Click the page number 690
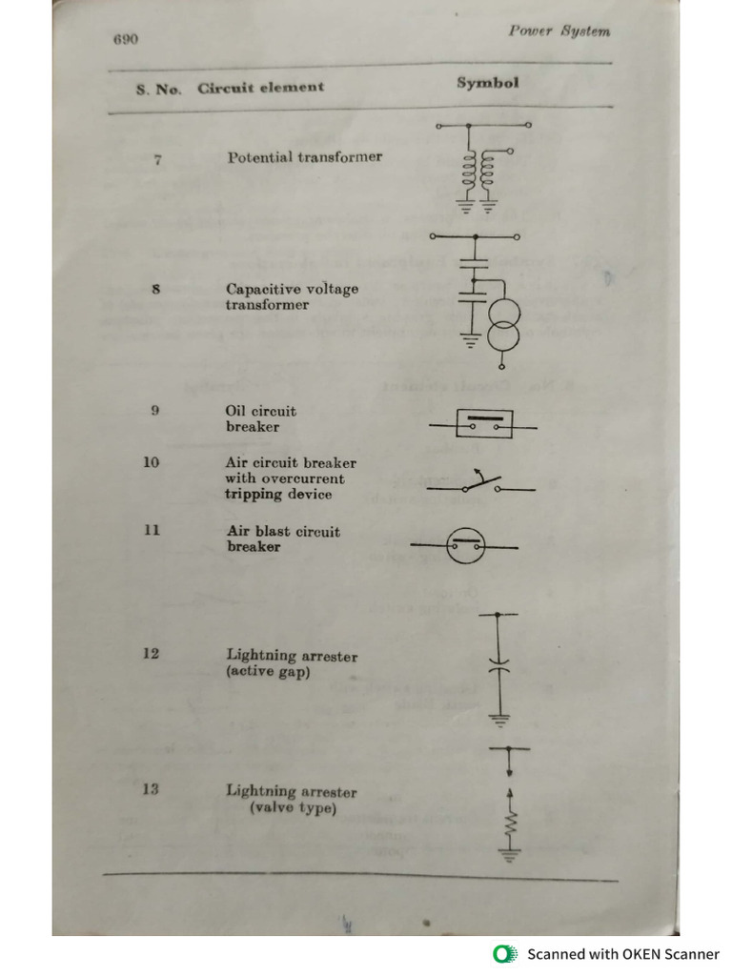click(125, 39)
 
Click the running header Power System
click(559, 30)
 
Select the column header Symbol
click(487, 82)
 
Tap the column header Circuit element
click(260, 87)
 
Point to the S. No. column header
click(158, 89)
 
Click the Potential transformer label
click(304, 156)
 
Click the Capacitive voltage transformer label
click(292, 296)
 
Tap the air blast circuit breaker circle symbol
click(467, 547)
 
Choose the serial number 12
click(151, 654)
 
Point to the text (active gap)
click(268, 672)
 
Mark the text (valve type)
click(293, 809)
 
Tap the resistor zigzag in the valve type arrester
click(510, 823)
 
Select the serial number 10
click(151, 462)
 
